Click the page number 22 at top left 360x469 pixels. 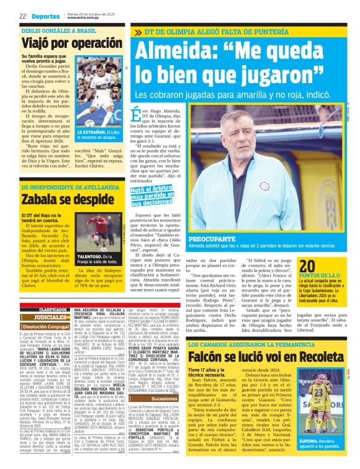[x=22, y=16]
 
